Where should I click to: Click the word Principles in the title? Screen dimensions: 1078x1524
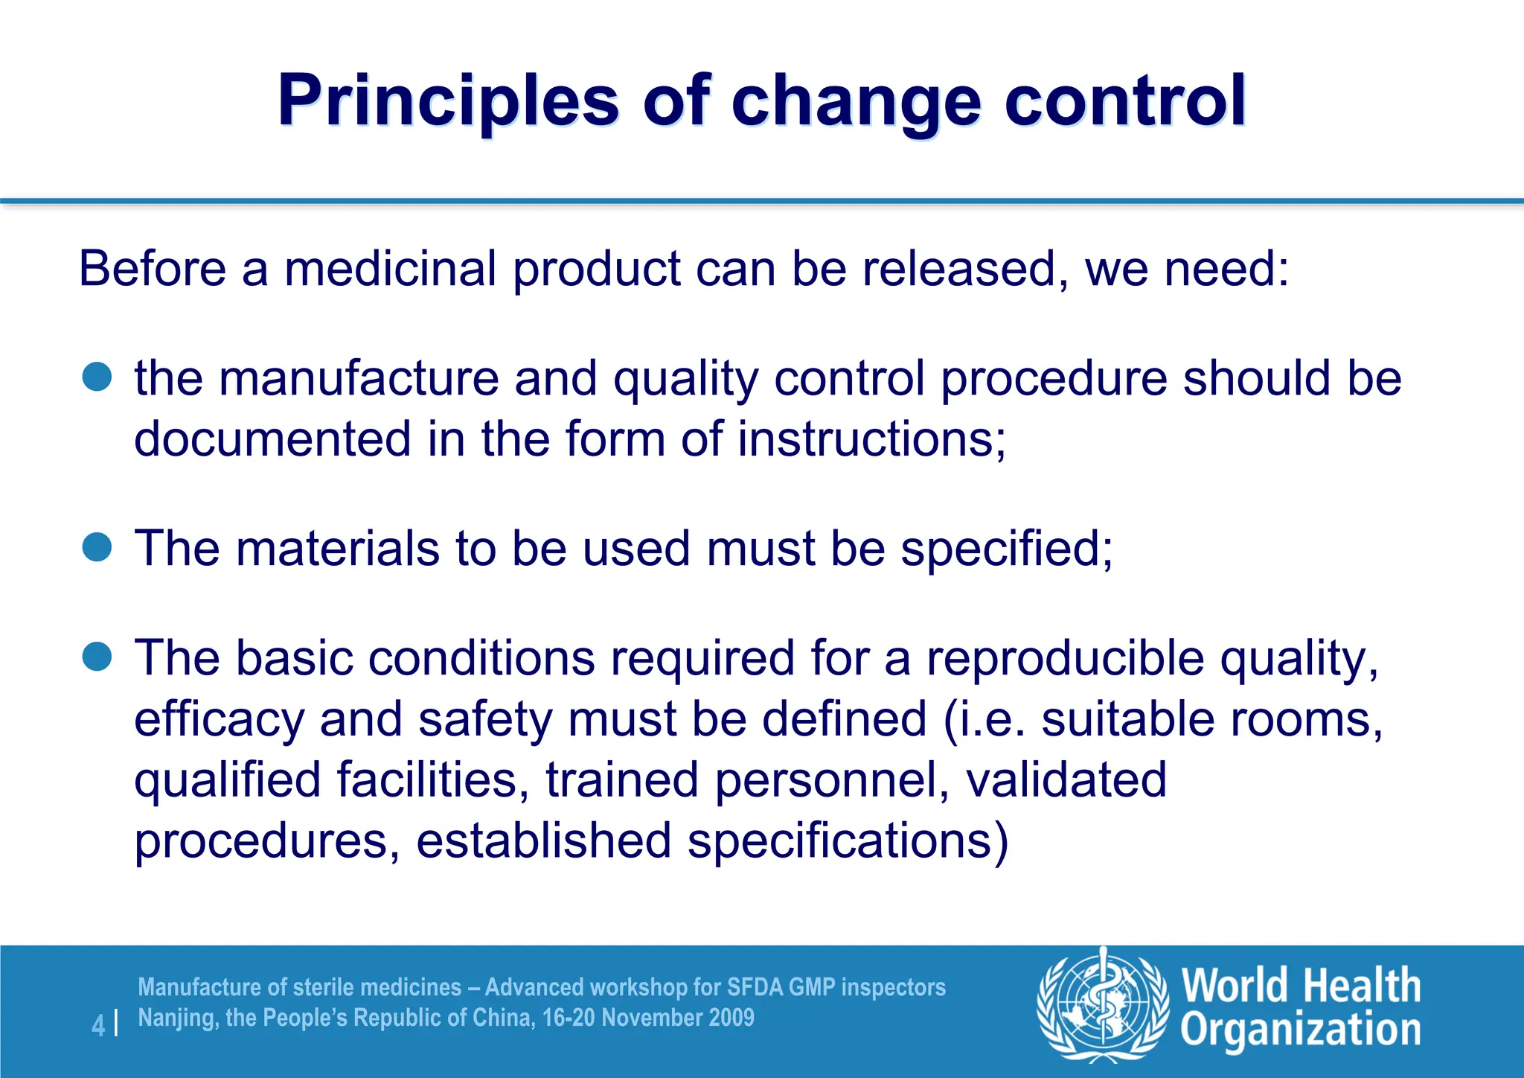(x=448, y=101)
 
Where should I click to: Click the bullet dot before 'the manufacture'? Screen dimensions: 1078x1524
(x=97, y=377)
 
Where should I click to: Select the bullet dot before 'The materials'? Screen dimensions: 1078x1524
(x=97, y=548)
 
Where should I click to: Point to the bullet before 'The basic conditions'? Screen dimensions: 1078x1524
(x=97, y=657)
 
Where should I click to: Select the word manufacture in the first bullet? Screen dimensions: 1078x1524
(x=359, y=378)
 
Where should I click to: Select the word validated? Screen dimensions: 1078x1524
(x=1066, y=780)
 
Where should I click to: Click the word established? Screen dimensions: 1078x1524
(x=543, y=841)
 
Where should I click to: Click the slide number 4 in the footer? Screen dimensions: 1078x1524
(x=98, y=1025)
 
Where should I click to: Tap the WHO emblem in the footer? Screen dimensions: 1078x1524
(x=1103, y=1004)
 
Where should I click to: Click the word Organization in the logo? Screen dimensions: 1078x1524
(x=1301, y=1030)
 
